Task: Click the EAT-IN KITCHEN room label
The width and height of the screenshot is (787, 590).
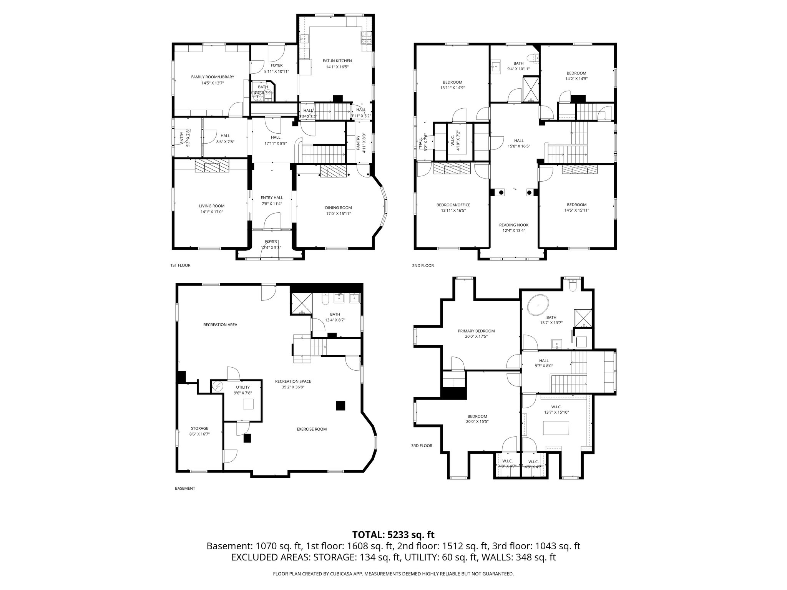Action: (337, 61)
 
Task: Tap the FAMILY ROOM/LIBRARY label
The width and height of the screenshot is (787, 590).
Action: (213, 77)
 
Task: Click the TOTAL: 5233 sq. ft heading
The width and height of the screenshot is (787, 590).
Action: (393, 535)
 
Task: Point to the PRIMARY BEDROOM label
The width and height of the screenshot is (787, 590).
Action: (476, 331)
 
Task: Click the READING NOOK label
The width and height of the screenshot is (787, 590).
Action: (513, 225)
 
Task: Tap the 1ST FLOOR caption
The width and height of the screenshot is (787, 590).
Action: (180, 265)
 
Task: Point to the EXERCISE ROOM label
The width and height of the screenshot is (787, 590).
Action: (312, 429)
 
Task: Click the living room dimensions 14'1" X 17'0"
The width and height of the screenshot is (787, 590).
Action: (212, 212)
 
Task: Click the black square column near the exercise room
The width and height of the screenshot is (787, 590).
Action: (340, 406)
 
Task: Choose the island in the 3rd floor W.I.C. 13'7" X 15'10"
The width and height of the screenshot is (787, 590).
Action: (556, 427)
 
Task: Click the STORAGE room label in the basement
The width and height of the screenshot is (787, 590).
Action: (199, 428)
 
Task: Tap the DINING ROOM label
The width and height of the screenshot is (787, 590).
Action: (338, 208)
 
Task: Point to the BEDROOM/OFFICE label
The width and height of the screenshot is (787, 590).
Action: (453, 205)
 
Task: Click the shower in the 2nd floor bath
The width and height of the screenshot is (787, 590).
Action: (531, 89)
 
